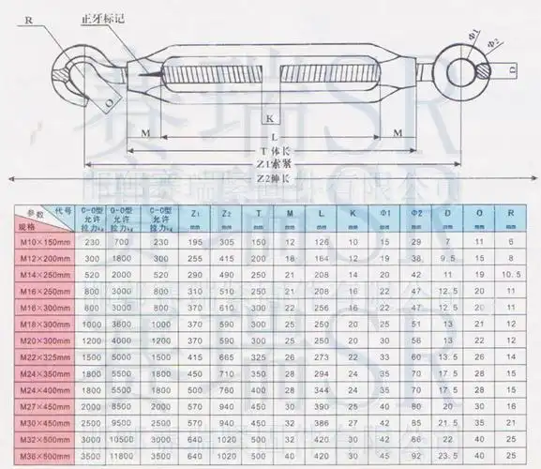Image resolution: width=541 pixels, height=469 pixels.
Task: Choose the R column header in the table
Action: [510, 213]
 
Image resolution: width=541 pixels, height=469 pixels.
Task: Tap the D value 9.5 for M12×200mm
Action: [446, 257]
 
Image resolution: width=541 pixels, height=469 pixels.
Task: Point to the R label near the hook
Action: [29, 17]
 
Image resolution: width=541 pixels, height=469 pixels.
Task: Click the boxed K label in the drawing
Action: [269, 119]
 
